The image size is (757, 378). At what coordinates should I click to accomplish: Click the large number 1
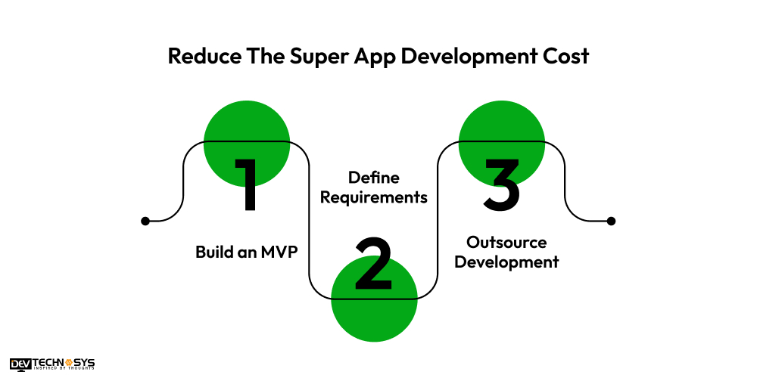[246, 184]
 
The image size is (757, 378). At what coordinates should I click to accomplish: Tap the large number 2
[373, 263]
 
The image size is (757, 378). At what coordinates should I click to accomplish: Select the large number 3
[502, 184]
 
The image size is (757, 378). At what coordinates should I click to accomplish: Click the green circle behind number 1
[247, 143]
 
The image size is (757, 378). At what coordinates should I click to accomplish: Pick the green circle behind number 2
[374, 299]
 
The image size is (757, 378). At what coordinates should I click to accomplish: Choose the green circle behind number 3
[502, 143]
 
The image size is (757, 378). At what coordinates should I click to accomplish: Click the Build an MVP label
[247, 253]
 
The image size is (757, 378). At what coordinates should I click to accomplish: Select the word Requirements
[374, 197]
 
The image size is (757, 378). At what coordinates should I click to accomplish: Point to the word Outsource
[506, 242]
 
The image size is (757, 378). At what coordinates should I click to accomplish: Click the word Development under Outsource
[506, 263]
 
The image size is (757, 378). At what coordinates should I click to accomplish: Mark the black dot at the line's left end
[145, 222]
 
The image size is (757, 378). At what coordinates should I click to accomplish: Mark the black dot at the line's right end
[611, 222]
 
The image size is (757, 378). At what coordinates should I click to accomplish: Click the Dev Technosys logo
[52, 364]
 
